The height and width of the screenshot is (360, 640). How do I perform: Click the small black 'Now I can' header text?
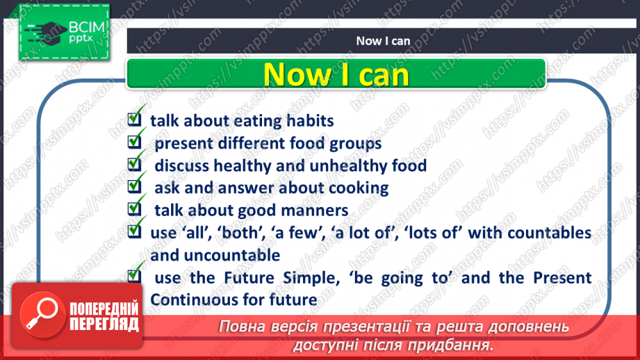383,41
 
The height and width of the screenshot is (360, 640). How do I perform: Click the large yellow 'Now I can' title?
337,74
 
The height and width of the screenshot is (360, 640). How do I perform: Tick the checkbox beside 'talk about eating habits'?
135,120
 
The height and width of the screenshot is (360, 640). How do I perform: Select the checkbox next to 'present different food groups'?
135,143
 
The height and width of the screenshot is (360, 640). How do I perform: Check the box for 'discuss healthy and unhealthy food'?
135,165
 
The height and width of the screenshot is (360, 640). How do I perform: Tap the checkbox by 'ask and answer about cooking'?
135,188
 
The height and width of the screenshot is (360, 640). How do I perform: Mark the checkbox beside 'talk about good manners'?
135,210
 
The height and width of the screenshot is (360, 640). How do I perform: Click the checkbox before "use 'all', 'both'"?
135,233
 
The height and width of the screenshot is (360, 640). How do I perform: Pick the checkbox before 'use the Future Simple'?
135,277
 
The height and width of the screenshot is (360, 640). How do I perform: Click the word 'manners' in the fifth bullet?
318,211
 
